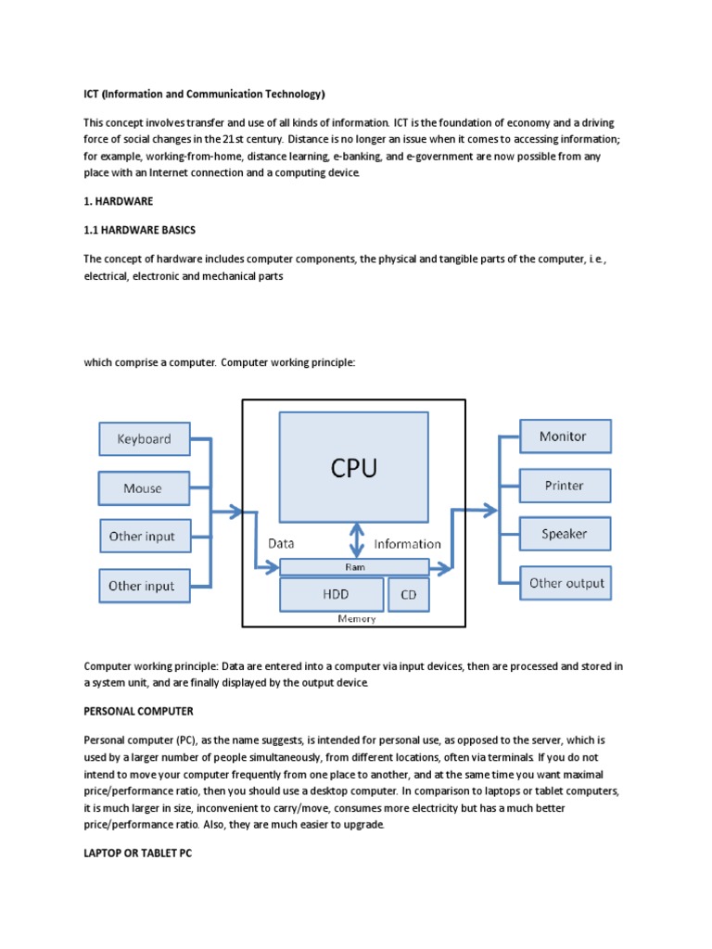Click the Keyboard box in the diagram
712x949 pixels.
tap(144, 439)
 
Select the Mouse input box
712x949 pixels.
tap(144, 487)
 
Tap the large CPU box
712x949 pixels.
tap(354, 467)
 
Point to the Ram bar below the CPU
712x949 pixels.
tap(354, 567)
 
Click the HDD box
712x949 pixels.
tap(331, 595)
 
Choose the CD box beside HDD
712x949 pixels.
tap(408, 595)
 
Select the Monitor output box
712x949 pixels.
tap(564, 436)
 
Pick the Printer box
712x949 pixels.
tap(564, 486)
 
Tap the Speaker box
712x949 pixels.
tap(564, 534)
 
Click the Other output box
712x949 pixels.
tap(566, 583)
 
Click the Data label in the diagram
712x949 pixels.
tap(281, 544)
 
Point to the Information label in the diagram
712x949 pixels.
tap(407, 544)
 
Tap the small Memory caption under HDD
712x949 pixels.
tap(357, 619)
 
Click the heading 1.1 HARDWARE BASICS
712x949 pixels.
tap(140, 230)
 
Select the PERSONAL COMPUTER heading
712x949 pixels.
tap(138, 711)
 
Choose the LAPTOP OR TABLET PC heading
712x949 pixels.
tap(138, 854)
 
